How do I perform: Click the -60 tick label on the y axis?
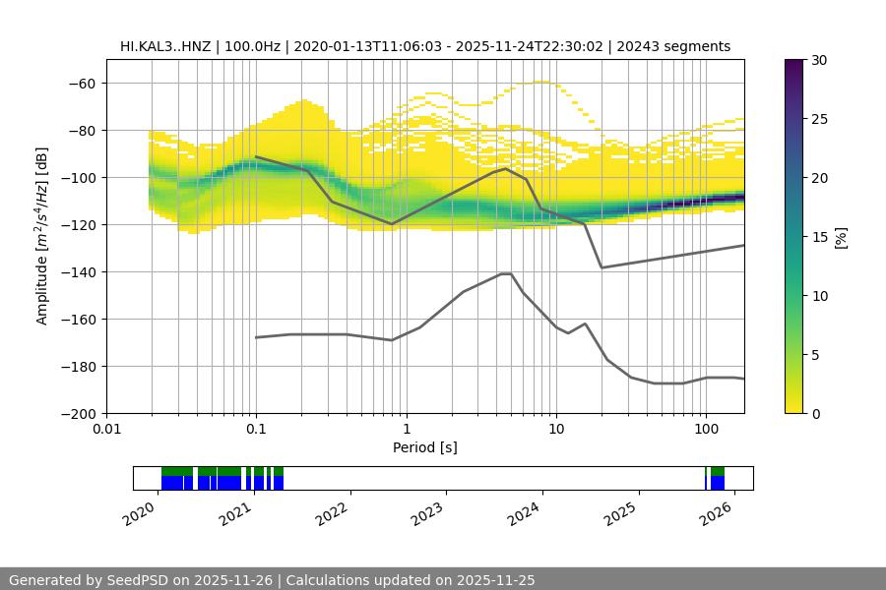pos(81,84)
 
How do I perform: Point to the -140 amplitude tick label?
pos(77,272)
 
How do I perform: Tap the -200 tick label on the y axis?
pos(77,414)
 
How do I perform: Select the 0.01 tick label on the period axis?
pos(106,430)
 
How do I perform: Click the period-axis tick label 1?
pos(406,430)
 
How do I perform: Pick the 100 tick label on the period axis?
pos(705,430)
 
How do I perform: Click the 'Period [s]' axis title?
pos(425,447)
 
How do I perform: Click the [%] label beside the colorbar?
pos(841,237)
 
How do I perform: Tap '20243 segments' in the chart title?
pos(680,46)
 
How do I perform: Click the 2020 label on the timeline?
pos(140,512)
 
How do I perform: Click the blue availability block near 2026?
pos(718,483)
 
